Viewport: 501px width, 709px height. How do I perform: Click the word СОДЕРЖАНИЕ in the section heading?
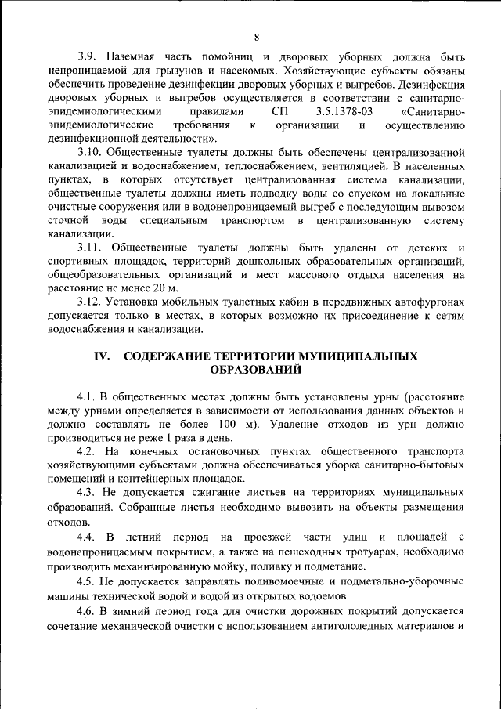pos(171,355)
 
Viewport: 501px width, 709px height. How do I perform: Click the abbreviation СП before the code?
pos(279,112)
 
